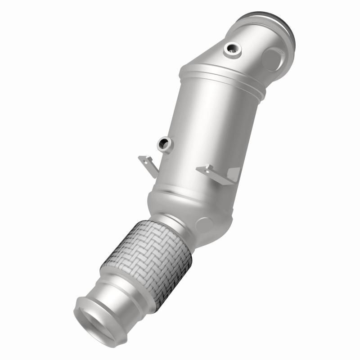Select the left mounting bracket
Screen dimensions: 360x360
(x=147, y=163)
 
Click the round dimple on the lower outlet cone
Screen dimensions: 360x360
(x=203, y=223)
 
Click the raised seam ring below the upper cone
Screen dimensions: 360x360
(x=220, y=76)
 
